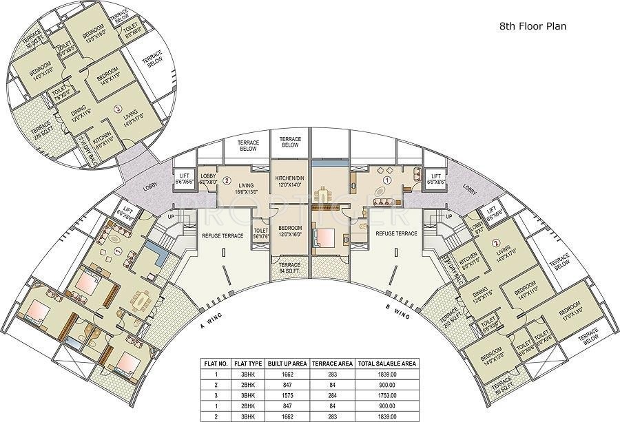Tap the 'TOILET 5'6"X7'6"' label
(260, 233)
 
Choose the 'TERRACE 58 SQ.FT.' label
(32, 37)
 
